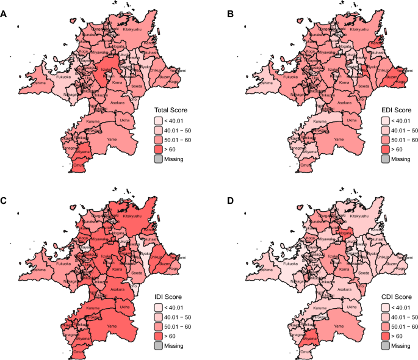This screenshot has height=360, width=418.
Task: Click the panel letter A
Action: [x=4, y=6]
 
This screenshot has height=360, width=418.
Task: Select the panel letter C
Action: [x=4, y=188]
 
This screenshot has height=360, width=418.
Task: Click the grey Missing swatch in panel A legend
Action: [x=158, y=159]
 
